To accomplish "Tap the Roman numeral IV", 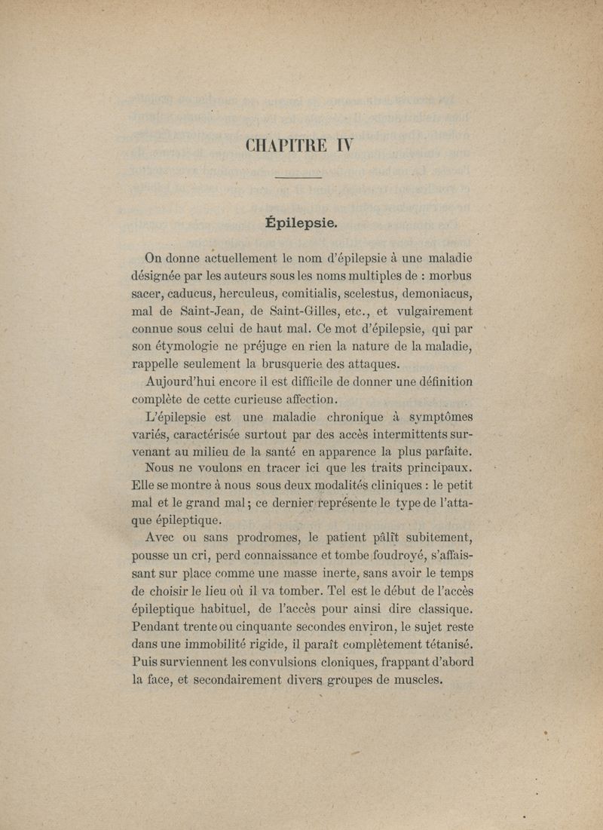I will pos(340,145).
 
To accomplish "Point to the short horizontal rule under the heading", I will pos(299,178).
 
